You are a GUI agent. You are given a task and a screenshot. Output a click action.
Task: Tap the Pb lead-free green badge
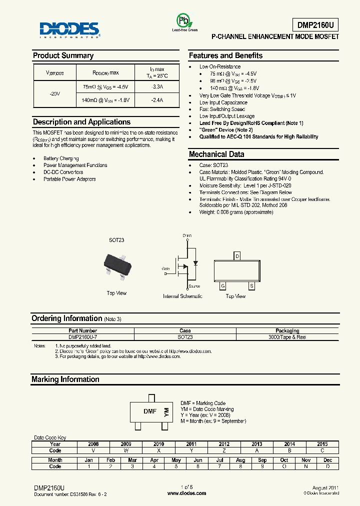coord(185,21)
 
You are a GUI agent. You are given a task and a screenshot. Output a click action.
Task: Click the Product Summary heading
coord(63,55)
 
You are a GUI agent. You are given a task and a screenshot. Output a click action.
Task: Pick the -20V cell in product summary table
coord(54,93)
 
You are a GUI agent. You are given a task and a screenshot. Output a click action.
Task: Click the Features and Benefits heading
coord(225,55)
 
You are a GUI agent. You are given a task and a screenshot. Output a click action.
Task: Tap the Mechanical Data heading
coord(216,154)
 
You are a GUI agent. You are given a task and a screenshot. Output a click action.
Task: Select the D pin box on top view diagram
coord(237,256)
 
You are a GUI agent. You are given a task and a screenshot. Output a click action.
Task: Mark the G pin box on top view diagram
coord(222,286)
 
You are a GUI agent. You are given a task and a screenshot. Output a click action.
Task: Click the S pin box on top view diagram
coord(252,286)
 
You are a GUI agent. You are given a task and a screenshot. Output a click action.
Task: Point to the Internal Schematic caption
coord(182,296)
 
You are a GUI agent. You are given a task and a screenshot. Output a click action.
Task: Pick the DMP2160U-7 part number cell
coord(82,337)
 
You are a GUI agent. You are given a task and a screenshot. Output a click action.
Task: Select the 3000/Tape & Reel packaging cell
coord(287,337)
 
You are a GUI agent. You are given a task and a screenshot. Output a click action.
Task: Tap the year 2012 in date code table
coord(224,444)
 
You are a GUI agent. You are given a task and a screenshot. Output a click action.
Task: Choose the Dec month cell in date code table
coord(327,460)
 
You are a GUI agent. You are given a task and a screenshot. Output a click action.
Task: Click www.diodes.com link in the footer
coord(186,493)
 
